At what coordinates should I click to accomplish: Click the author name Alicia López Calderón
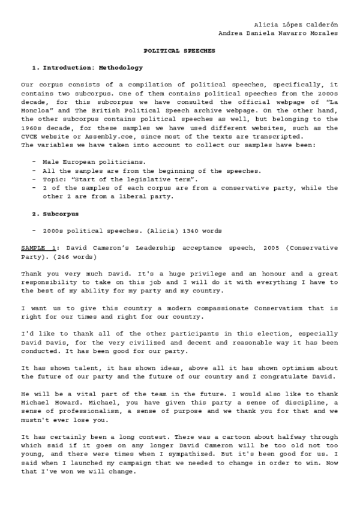[296, 24]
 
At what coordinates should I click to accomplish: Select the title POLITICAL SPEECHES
[179, 51]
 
